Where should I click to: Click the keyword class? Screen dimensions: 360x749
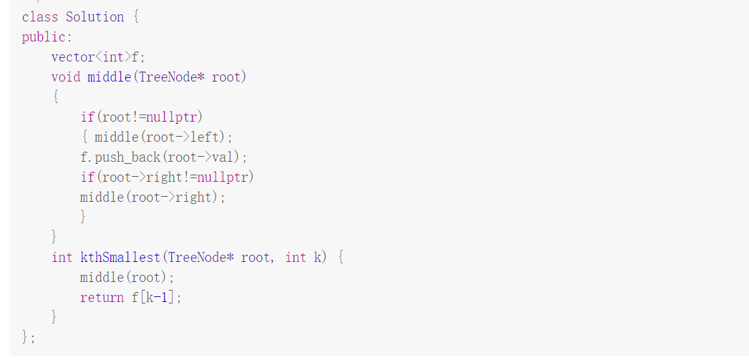click(x=39, y=17)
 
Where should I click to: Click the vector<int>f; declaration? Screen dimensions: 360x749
click(x=93, y=57)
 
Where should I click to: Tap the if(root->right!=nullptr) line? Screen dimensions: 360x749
click(x=167, y=177)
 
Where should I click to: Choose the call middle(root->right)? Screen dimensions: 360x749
click(x=153, y=197)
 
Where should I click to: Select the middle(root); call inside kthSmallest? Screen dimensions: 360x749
click(x=127, y=277)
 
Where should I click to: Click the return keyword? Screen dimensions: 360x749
click(x=102, y=297)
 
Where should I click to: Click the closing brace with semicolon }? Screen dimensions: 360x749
click(x=29, y=336)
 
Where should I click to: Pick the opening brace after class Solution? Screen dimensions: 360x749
click(x=135, y=17)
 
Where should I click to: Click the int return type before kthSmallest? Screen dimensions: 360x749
click(x=62, y=257)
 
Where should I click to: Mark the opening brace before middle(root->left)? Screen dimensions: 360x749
click(x=84, y=137)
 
